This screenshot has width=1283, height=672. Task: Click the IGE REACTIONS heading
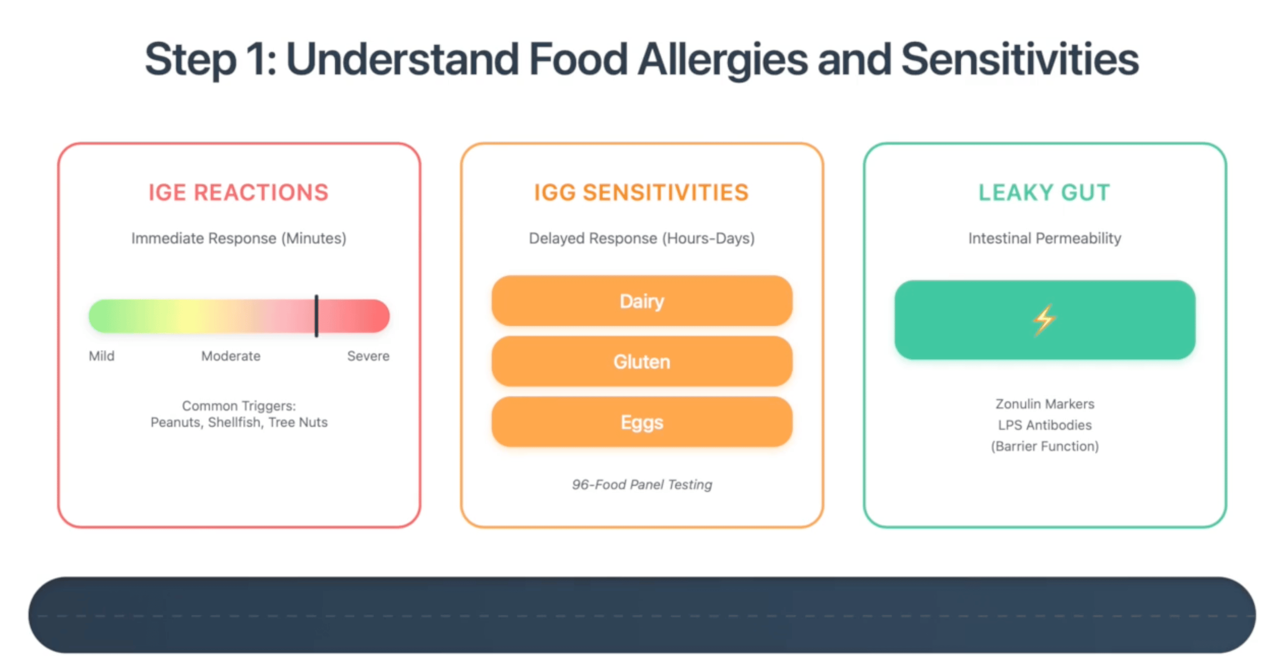click(x=239, y=192)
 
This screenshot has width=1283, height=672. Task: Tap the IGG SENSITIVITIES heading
click(x=641, y=192)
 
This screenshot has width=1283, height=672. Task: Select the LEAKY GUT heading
click(x=1044, y=192)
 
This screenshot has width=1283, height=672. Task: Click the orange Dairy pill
click(x=641, y=301)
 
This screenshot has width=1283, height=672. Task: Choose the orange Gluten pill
click(x=641, y=362)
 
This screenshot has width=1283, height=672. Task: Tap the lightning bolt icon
click(x=1044, y=320)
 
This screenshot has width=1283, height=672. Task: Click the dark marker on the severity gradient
click(x=316, y=316)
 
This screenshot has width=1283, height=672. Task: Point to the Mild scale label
click(x=102, y=356)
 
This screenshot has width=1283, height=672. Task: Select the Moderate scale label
click(x=230, y=356)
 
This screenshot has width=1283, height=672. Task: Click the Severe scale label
click(x=368, y=356)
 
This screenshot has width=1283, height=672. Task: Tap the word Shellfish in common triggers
click(x=234, y=423)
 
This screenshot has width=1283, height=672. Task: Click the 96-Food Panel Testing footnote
click(x=641, y=484)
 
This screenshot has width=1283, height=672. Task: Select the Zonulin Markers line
click(x=1044, y=404)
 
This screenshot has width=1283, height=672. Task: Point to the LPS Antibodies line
click(x=1044, y=425)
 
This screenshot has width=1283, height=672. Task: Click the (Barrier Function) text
click(x=1044, y=446)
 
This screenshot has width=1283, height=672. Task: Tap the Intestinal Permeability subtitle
click(x=1044, y=238)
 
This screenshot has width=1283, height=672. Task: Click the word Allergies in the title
click(x=722, y=60)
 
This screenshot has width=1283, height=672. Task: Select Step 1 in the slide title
click(x=209, y=60)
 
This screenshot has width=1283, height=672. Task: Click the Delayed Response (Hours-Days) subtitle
click(x=641, y=238)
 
